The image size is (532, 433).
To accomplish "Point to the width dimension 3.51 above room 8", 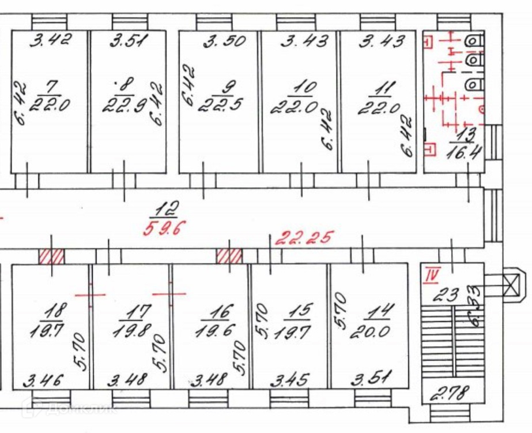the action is (x=130, y=41).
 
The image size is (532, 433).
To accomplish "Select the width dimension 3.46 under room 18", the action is (x=43, y=380).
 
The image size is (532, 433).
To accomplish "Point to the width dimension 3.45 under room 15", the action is (x=289, y=380).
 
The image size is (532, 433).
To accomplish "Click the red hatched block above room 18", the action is (x=51, y=256).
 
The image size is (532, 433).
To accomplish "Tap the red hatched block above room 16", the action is (x=229, y=256).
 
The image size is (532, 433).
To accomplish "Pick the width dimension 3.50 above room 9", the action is (x=225, y=41).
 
